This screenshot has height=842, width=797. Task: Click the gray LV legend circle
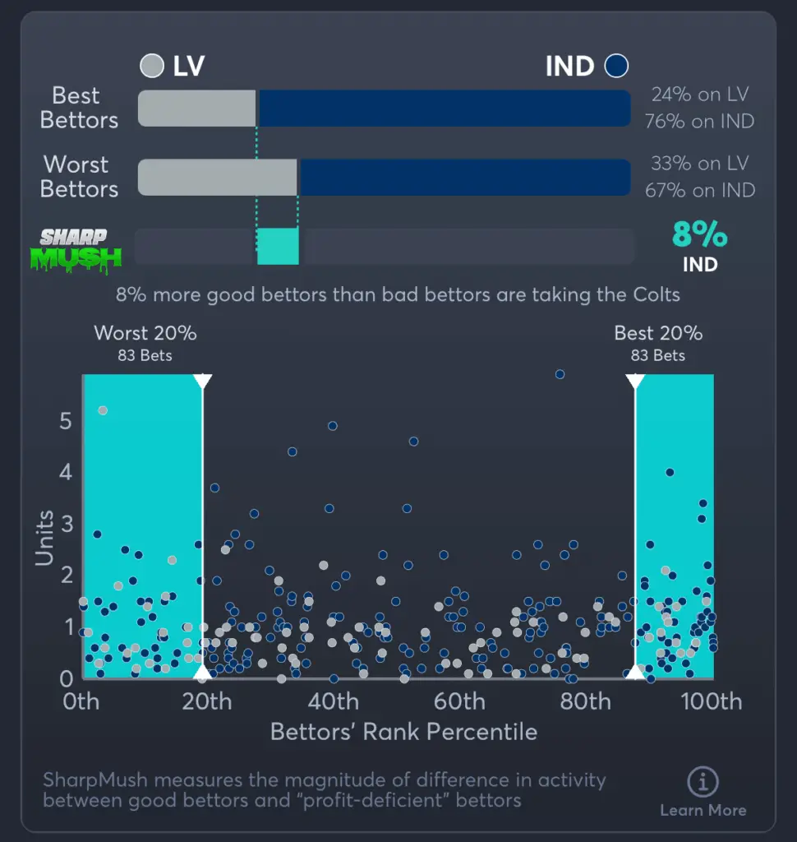point(153,66)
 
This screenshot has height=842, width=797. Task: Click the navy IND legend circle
point(615,66)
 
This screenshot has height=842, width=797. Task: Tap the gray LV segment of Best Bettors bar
point(197,109)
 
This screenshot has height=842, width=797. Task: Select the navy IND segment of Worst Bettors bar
point(464,178)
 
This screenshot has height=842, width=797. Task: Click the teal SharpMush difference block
point(277,247)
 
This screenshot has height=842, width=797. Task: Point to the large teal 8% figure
point(700,235)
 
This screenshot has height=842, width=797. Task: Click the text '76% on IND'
point(700,121)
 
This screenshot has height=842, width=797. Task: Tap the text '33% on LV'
point(700,164)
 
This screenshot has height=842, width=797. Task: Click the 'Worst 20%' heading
point(145,333)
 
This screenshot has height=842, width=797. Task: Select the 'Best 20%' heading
point(658,333)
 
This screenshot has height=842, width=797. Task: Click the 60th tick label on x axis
point(459,701)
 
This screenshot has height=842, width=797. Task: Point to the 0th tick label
point(81,701)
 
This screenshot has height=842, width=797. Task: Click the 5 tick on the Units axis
point(66,421)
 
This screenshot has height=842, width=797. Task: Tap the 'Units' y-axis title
point(44,538)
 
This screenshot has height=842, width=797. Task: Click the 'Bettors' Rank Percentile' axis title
point(403,732)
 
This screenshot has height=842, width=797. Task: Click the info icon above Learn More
point(703,781)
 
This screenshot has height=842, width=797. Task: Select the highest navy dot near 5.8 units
point(560,374)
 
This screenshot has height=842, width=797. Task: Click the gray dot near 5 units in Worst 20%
point(103,410)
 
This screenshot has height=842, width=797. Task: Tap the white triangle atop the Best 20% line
point(635,382)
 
